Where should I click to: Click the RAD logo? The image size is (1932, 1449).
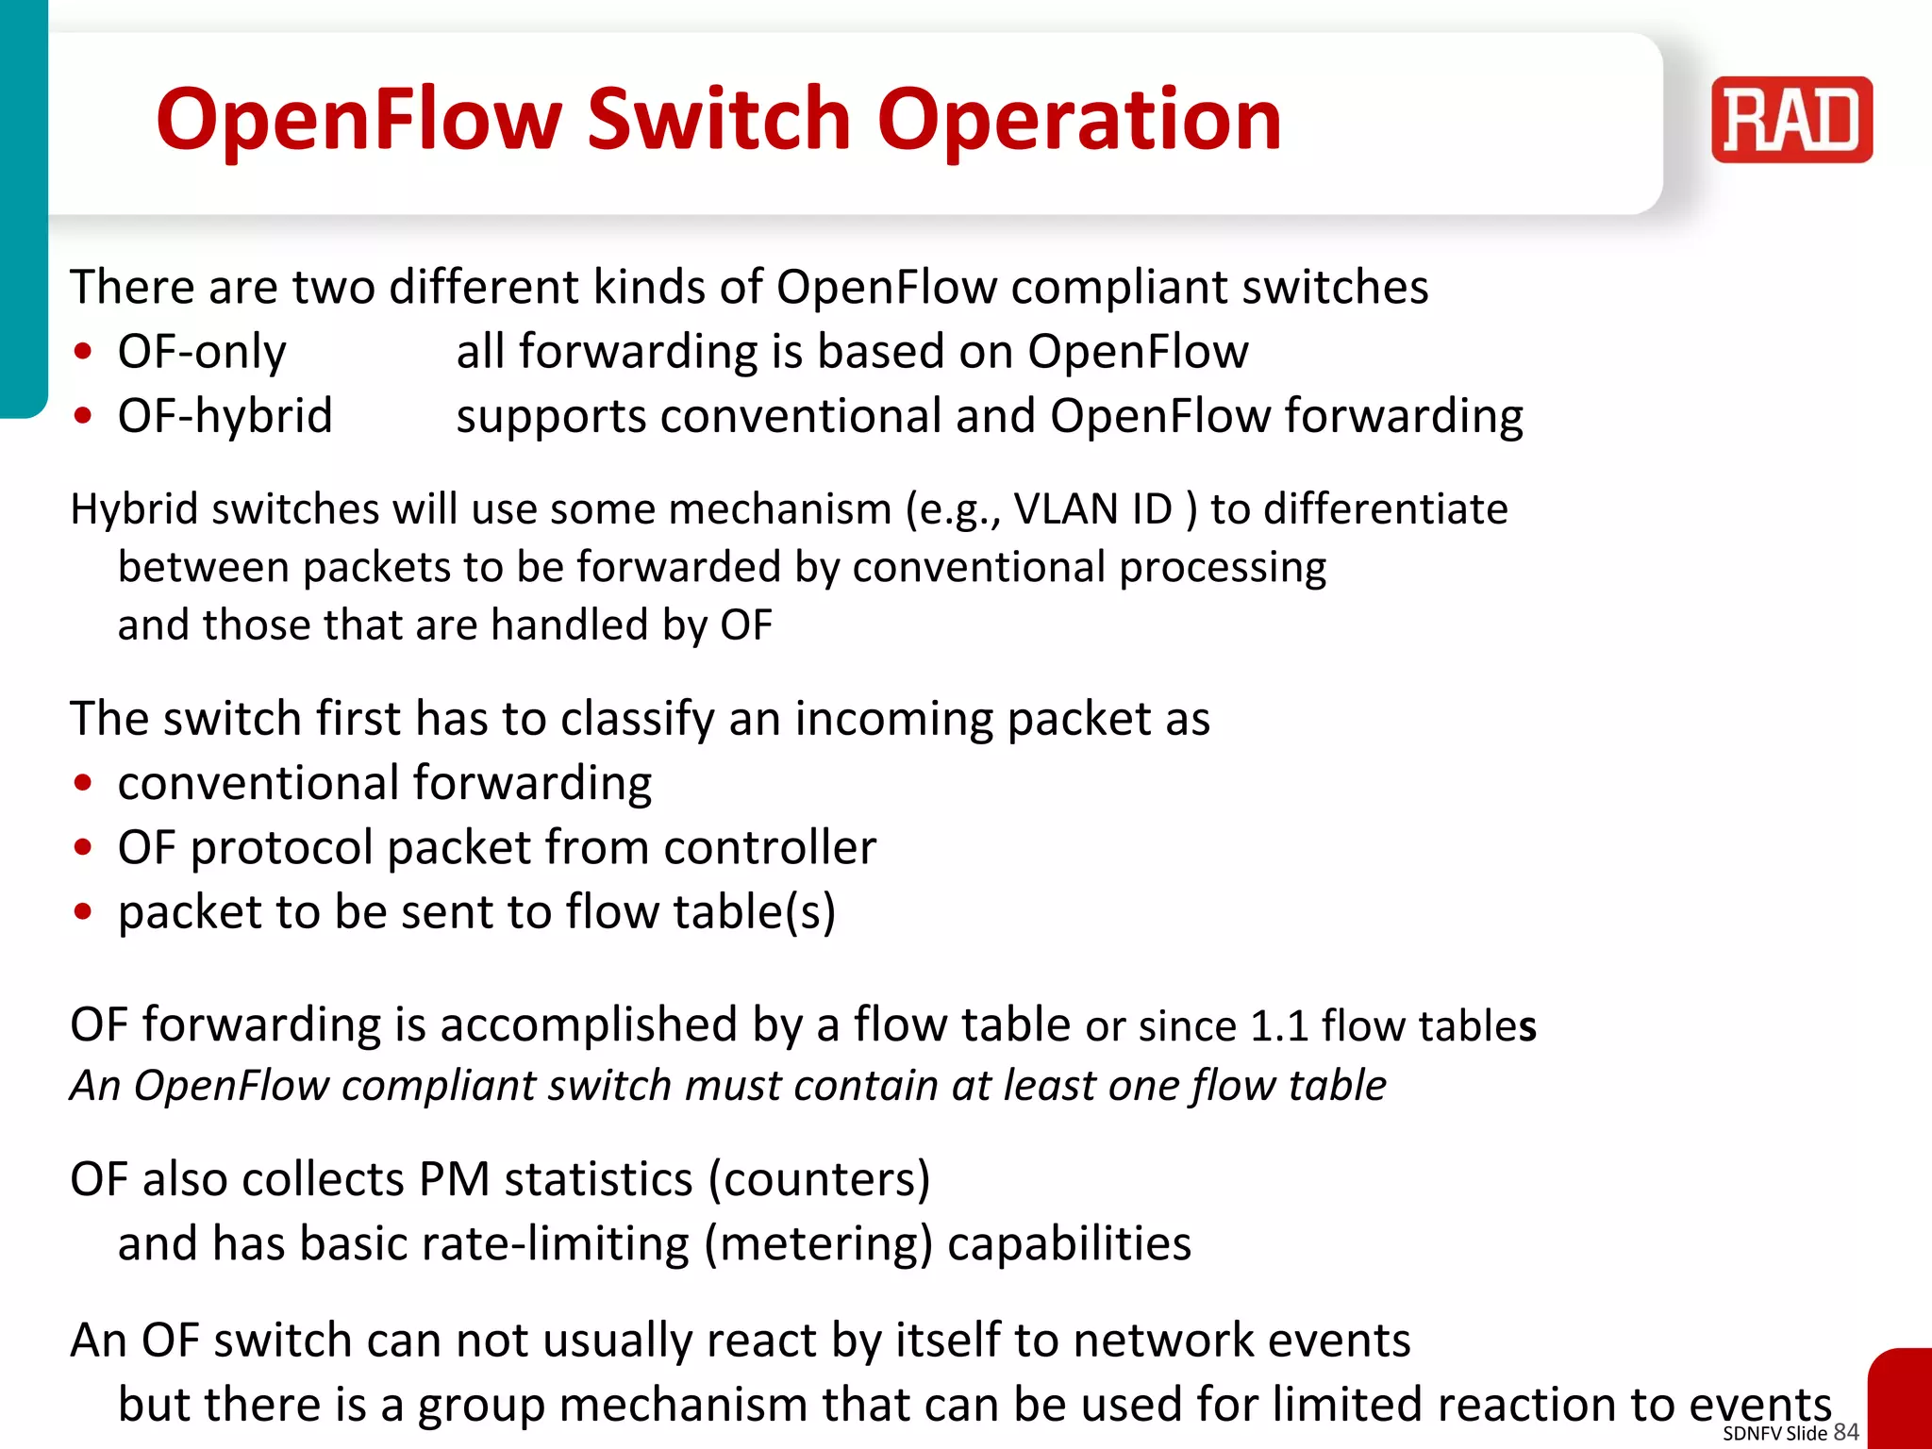[x=1791, y=120]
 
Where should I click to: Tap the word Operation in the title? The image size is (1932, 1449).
[x=1079, y=120]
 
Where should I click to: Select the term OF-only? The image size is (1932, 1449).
[x=202, y=352]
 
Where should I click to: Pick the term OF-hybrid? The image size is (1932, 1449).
[x=225, y=416]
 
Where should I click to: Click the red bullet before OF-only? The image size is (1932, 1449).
[x=84, y=353]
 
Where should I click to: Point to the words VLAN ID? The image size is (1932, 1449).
[x=1092, y=509]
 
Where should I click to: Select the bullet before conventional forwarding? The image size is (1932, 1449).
[x=84, y=784]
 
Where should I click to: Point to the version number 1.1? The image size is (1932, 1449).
[x=1279, y=1026]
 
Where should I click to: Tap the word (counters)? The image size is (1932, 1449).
[x=819, y=1180]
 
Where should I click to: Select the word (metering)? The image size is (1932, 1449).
[x=819, y=1244]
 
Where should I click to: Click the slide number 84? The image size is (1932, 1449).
[x=1846, y=1432]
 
